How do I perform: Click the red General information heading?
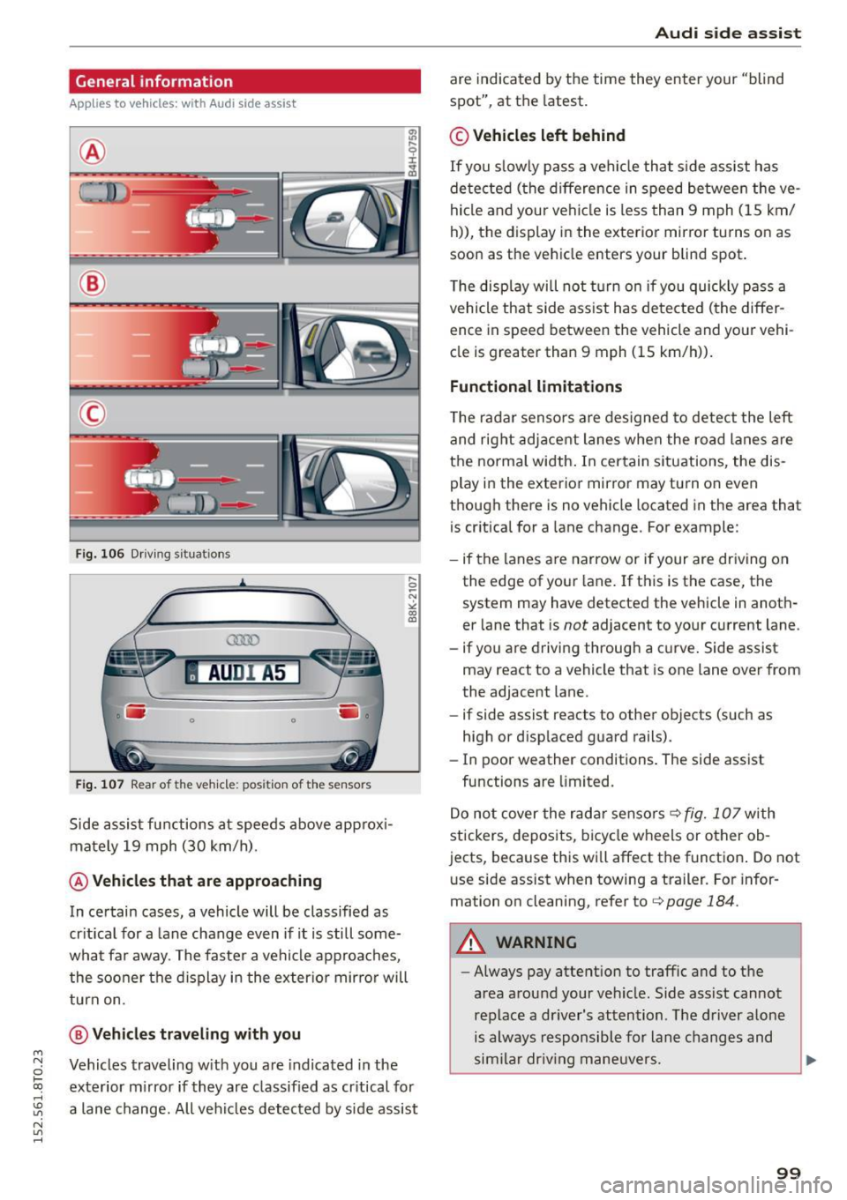(x=154, y=81)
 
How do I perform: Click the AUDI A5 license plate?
(x=244, y=673)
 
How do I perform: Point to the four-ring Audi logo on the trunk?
(x=243, y=640)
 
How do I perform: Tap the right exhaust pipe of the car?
(x=349, y=756)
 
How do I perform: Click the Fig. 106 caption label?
(x=100, y=554)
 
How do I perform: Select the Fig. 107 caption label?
(x=100, y=784)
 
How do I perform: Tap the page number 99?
(x=789, y=1173)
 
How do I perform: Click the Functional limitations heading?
(x=536, y=386)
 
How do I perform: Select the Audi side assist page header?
(x=728, y=34)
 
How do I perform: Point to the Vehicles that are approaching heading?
(x=206, y=881)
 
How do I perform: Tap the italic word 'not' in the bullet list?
(x=575, y=625)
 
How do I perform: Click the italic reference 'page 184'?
(x=701, y=901)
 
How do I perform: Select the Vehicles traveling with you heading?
(x=196, y=1034)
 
